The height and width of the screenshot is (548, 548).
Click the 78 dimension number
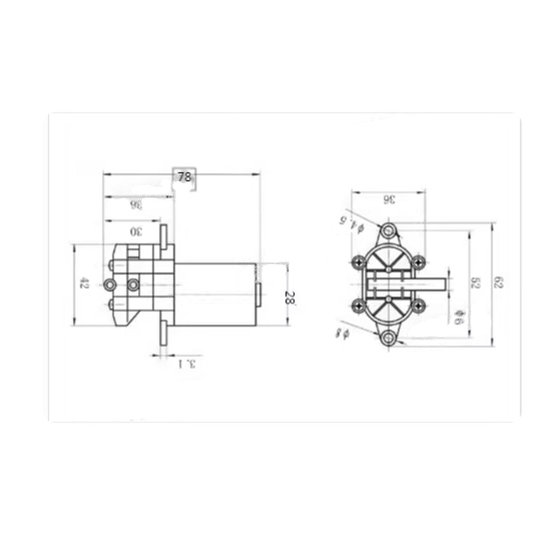click(184, 176)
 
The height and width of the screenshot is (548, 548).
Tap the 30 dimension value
click(135, 231)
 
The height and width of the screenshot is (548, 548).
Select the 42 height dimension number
click(83, 284)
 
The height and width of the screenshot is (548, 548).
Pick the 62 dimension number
click(498, 283)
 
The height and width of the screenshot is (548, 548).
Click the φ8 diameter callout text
click(343, 333)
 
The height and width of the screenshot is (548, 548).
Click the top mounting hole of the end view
click(389, 229)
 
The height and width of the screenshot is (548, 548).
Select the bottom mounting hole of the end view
click(389, 338)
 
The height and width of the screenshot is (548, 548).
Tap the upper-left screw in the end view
click(359, 262)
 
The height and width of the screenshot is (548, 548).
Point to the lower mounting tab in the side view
click(163, 333)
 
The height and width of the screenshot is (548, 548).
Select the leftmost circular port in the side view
click(109, 284)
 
